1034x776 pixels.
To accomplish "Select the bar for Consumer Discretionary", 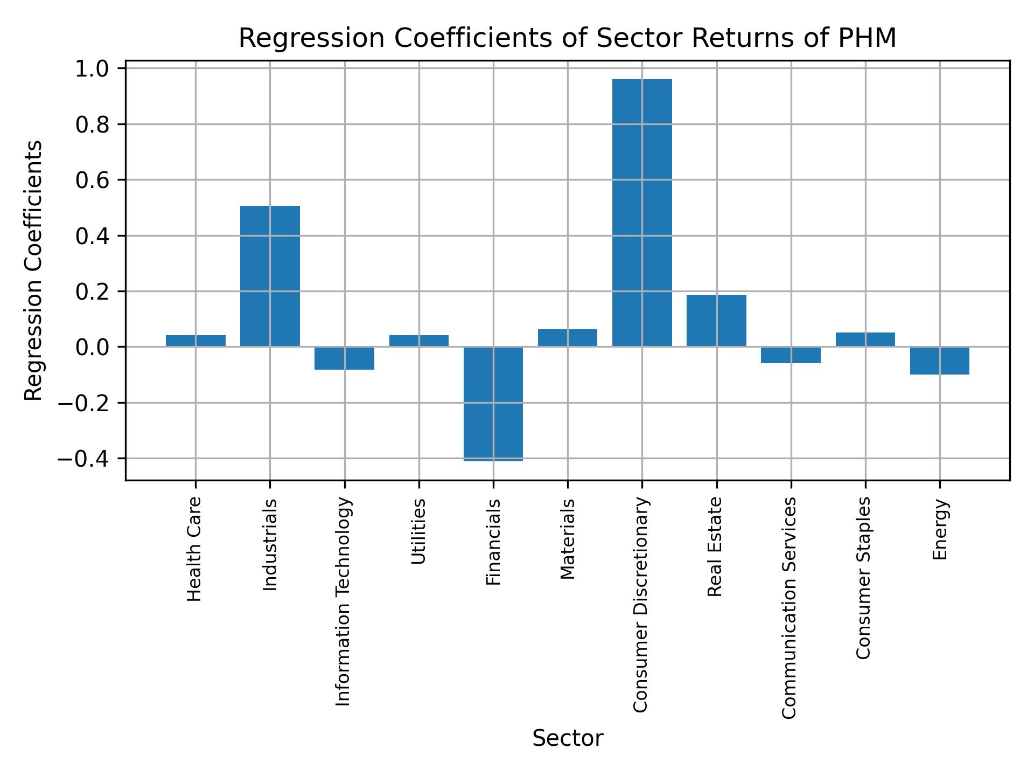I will pyautogui.click(x=642, y=213).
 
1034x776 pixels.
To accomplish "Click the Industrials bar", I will pyautogui.click(x=270, y=276).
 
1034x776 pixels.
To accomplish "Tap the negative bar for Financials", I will pyautogui.click(x=493, y=404).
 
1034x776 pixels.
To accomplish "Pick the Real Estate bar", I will pyautogui.click(x=716, y=320).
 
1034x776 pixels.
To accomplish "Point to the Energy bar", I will pyautogui.click(x=940, y=361).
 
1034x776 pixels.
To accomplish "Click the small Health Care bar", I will pyautogui.click(x=195, y=341).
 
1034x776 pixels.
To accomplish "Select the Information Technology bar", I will pyautogui.click(x=344, y=358).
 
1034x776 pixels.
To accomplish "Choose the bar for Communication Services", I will pyautogui.click(x=791, y=355).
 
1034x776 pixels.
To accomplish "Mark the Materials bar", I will pyautogui.click(x=568, y=338).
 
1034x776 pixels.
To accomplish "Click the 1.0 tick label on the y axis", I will pyautogui.click(x=92, y=69).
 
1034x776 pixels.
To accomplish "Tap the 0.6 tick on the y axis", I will pyautogui.click(x=92, y=181).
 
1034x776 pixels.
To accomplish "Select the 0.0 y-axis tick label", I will pyautogui.click(x=92, y=348).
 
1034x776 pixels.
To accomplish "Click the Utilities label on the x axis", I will pyautogui.click(x=419, y=531).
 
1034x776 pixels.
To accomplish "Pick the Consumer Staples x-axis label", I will pyautogui.click(x=863, y=578).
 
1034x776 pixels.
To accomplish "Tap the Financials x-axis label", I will pyautogui.click(x=493, y=542).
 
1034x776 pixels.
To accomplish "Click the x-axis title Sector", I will pyautogui.click(x=568, y=738).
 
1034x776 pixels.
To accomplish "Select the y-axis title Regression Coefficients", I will pyautogui.click(x=34, y=270).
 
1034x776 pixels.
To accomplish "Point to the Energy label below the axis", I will pyautogui.click(x=940, y=530).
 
